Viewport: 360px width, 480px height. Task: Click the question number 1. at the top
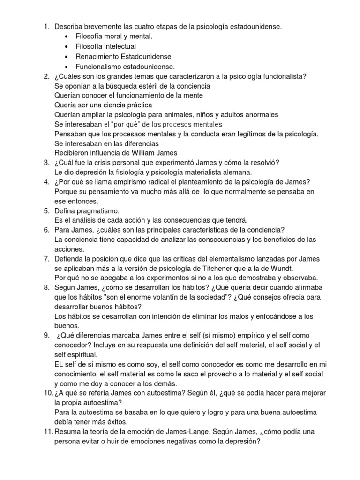46,27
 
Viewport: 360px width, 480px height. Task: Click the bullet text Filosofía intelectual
105,46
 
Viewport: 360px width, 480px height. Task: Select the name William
141,154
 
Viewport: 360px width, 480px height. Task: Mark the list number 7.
46,258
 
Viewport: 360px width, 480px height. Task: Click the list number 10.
47,393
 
